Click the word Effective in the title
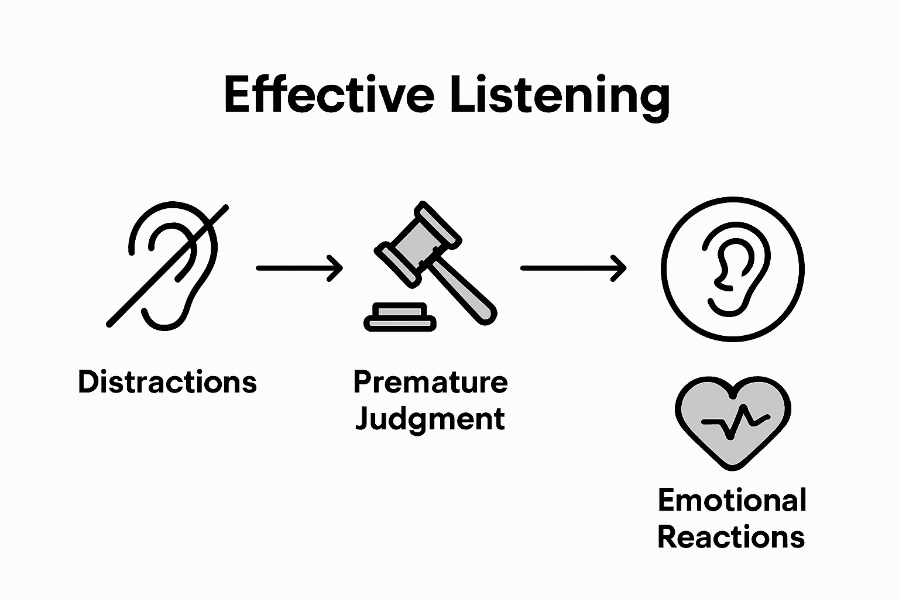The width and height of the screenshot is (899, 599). click(328, 95)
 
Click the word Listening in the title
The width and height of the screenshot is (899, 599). click(560, 97)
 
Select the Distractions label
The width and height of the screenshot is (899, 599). click(167, 382)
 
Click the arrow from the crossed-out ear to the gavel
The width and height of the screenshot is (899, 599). click(298, 268)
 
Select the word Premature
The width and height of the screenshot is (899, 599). click(430, 382)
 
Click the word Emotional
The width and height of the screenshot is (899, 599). click(732, 501)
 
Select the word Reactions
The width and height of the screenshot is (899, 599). click(731, 537)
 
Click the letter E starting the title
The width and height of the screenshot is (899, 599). click(237, 95)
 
